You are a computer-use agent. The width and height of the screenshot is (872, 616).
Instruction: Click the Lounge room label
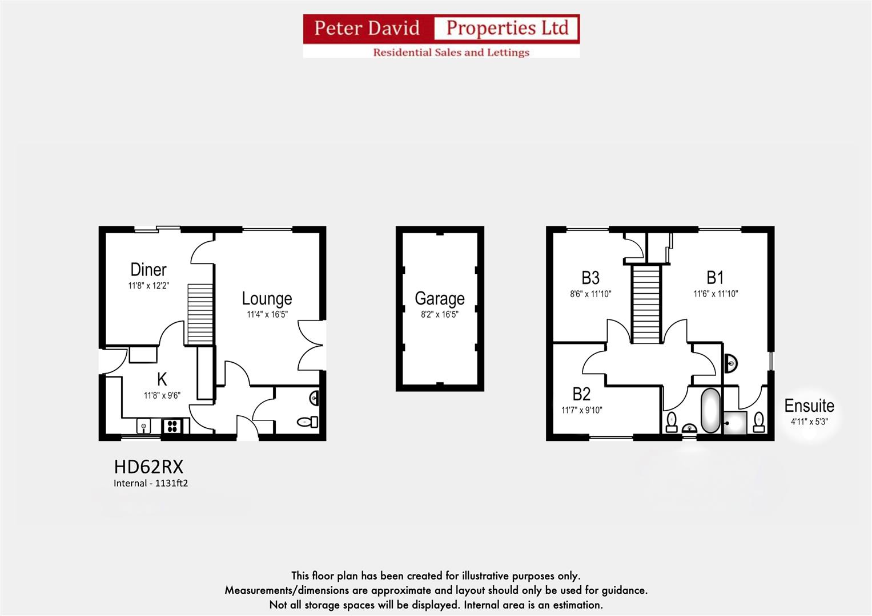pos(267,298)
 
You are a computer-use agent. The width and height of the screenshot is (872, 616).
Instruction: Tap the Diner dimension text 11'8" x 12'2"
pos(148,286)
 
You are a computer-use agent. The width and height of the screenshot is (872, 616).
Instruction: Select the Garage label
pos(439,298)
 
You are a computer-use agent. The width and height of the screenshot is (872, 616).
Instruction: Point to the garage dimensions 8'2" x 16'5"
pos(439,314)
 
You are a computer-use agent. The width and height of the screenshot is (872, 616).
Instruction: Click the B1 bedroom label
pos(715,278)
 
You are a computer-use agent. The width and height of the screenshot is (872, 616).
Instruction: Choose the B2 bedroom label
pos(581,394)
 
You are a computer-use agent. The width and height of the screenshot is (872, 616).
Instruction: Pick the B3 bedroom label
pos(590,278)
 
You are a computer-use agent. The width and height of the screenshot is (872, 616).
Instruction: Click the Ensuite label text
pos(809,406)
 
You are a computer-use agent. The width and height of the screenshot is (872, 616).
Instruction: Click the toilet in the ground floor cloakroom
pos(308,422)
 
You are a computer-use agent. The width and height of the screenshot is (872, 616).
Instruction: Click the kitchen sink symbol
pos(144,425)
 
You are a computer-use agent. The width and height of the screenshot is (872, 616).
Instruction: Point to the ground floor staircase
pos(200,314)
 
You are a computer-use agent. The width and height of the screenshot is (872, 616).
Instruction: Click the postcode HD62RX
pos(148,467)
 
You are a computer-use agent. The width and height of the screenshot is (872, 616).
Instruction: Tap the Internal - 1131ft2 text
pos(151,483)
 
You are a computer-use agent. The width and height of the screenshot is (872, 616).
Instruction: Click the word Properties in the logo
pos(507,28)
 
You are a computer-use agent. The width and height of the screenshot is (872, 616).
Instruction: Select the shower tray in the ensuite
pos(735,423)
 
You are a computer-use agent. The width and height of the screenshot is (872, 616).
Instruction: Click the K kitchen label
pos(162,379)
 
